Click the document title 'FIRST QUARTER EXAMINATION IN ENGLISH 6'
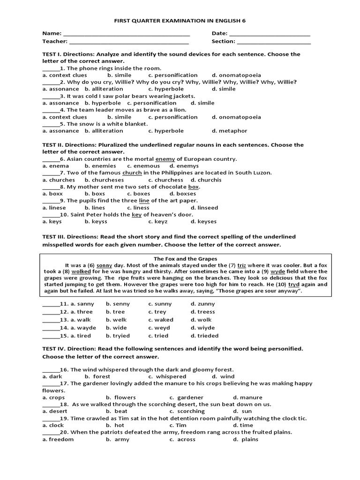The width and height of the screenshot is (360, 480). click(x=180, y=21)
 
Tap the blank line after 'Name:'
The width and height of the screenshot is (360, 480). click(x=126, y=34)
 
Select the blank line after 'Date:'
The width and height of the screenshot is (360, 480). click(x=270, y=34)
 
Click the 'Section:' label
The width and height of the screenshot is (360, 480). click(x=223, y=41)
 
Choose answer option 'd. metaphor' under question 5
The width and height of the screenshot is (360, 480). click(x=229, y=131)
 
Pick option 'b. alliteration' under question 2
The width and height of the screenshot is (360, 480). click(x=104, y=89)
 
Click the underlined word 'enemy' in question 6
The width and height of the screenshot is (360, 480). click(x=165, y=159)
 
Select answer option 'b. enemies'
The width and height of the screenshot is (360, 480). click(x=100, y=166)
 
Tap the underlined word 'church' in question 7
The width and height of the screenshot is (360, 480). click(x=132, y=173)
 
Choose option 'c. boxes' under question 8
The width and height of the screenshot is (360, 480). click(x=139, y=194)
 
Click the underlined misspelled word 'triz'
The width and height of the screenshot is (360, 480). click(x=242, y=265)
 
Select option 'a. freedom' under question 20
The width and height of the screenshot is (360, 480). click(x=58, y=439)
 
